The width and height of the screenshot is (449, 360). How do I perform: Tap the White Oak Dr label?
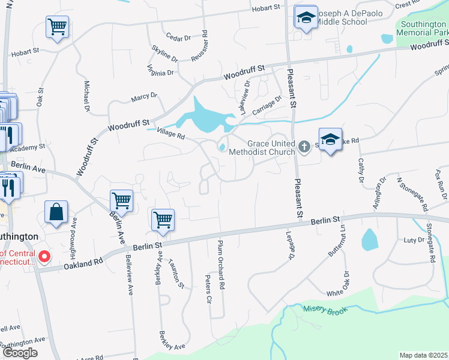(338, 286)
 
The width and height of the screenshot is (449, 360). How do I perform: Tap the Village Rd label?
(169, 134)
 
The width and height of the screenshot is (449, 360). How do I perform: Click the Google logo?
(19, 353)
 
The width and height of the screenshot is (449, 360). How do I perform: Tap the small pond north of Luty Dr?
(369, 239)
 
